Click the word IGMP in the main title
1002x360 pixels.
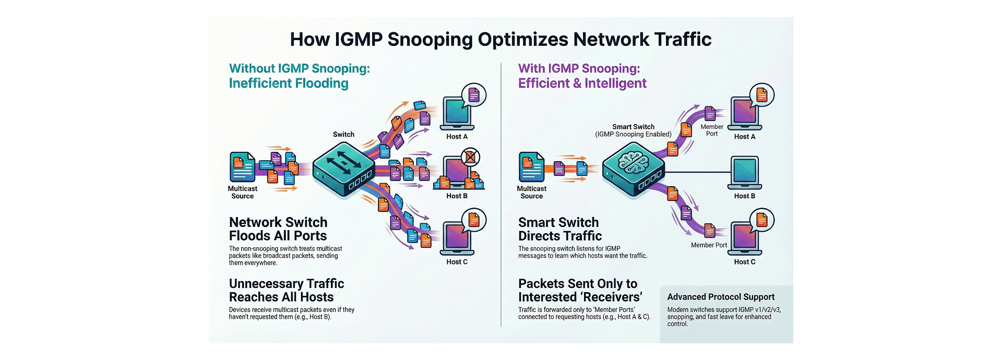point(358,40)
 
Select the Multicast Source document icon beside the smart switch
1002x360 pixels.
point(532,167)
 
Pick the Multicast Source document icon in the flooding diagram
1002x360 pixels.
point(243,167)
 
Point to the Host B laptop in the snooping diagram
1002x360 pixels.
point(745,173)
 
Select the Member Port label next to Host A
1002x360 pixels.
point(712,130)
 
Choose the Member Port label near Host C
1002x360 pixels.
point(709,245)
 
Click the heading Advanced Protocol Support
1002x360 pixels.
point(721,297)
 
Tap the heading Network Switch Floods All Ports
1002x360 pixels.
point(278,229)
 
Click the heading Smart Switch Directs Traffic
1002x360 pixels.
point(559,229)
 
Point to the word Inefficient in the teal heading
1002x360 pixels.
point(260,83)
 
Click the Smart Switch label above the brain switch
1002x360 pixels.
point(633,127)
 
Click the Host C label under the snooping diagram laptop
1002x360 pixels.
point(745,262)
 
